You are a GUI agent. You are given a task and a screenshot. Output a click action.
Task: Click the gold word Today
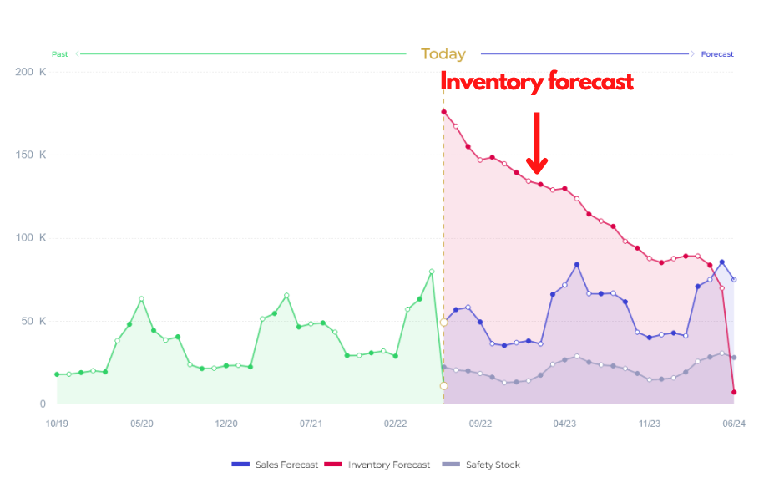(x=443, y=54)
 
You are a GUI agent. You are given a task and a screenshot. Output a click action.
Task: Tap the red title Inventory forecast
(x=537, y=82)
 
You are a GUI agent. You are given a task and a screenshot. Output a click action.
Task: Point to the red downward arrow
(x=537, y=142)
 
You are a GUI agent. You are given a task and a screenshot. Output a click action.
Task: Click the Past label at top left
(x=60, y=54)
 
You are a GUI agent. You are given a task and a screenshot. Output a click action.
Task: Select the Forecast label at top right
(x=717, y=54)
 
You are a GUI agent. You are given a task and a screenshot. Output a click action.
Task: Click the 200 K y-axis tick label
(x=31, y=72)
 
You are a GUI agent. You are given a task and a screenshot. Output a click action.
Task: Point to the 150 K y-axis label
(x=31, y=155)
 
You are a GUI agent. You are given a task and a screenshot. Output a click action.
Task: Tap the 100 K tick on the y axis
(x=31, y=238)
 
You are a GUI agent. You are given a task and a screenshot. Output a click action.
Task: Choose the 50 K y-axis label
(x=33, y=322)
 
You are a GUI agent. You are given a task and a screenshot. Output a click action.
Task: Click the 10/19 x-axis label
(x=57, y=424)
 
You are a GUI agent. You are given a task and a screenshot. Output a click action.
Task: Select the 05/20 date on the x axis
(x=142, y=424)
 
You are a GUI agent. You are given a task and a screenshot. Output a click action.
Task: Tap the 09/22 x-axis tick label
(x=480, y=424)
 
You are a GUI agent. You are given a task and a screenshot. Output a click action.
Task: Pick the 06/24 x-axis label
(x=734, y=424)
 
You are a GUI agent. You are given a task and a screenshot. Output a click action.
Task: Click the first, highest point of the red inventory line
(x=443, y=112)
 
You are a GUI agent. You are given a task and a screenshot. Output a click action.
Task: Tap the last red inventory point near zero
(x=734, y=392)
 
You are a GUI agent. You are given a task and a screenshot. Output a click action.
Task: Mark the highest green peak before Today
(x=432, y=272)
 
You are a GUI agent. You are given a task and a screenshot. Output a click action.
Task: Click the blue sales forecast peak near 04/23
(x=577, y=265)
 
